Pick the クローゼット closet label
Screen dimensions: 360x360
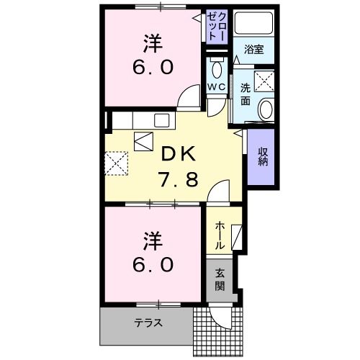coord(216,30)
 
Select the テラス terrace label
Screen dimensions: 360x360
coord(148,322)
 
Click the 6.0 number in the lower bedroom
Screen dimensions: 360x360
coord(152,264)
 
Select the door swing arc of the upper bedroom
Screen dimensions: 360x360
coord(189,97)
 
